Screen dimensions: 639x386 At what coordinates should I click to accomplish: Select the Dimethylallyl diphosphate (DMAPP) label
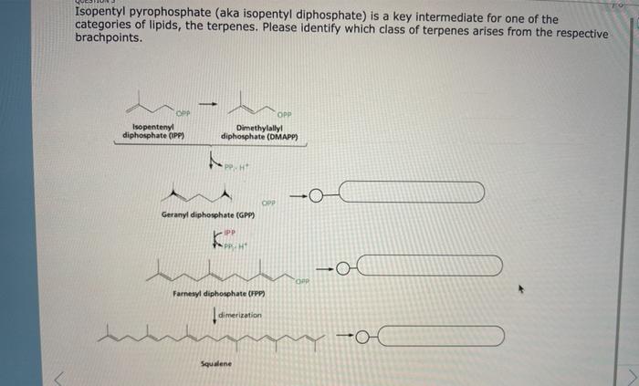[x=261, y=132]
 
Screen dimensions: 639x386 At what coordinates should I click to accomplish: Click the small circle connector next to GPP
[x=316, y=194]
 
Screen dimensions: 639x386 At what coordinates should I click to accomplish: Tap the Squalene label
[x=215, y=363]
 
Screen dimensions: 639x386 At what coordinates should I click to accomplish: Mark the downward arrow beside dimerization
[x=213, y=314]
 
